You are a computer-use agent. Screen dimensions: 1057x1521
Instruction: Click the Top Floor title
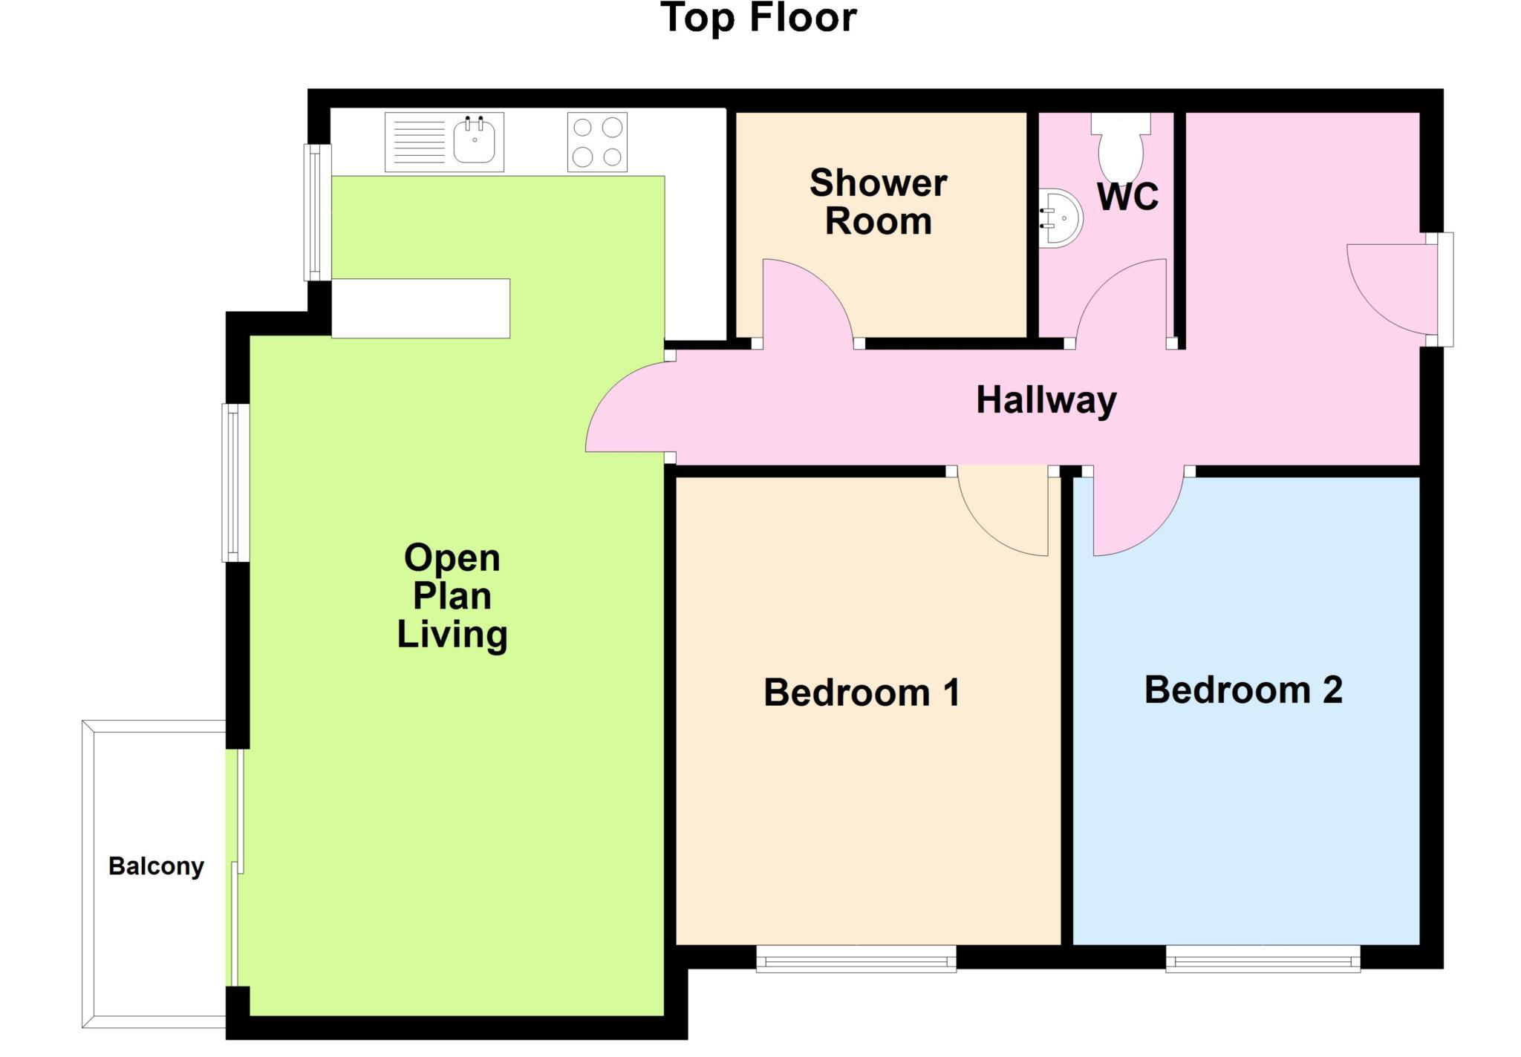(758, 19)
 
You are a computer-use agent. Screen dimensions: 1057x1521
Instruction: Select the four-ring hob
(597, 142)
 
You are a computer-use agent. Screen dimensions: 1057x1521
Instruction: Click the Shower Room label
(878, 202)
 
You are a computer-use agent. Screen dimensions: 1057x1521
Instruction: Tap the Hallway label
(1046, 400)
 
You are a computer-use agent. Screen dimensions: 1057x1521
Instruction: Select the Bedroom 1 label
(862, 693)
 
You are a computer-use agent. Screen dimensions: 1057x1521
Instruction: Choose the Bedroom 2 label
(1243, 690)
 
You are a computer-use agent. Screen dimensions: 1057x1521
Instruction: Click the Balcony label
(156, 866)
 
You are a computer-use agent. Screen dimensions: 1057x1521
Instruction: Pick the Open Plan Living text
(452, 596)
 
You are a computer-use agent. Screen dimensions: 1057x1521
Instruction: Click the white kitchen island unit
(420, 308)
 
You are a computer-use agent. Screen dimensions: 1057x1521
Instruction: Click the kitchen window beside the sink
(318, 212)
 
